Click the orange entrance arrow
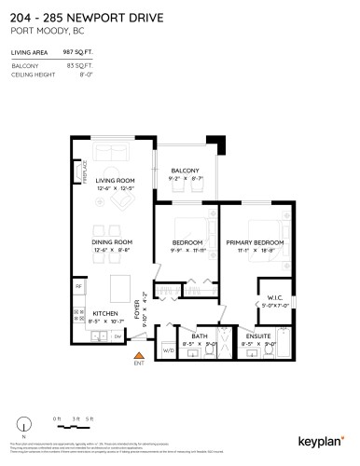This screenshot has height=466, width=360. (x=139, y=355)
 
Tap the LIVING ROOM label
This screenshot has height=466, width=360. (x=117, y=181)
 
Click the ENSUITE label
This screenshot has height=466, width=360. (x=254, y=336)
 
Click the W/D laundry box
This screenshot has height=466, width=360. (x=168, y=351)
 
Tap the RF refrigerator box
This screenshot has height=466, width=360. (x=79, y=285)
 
